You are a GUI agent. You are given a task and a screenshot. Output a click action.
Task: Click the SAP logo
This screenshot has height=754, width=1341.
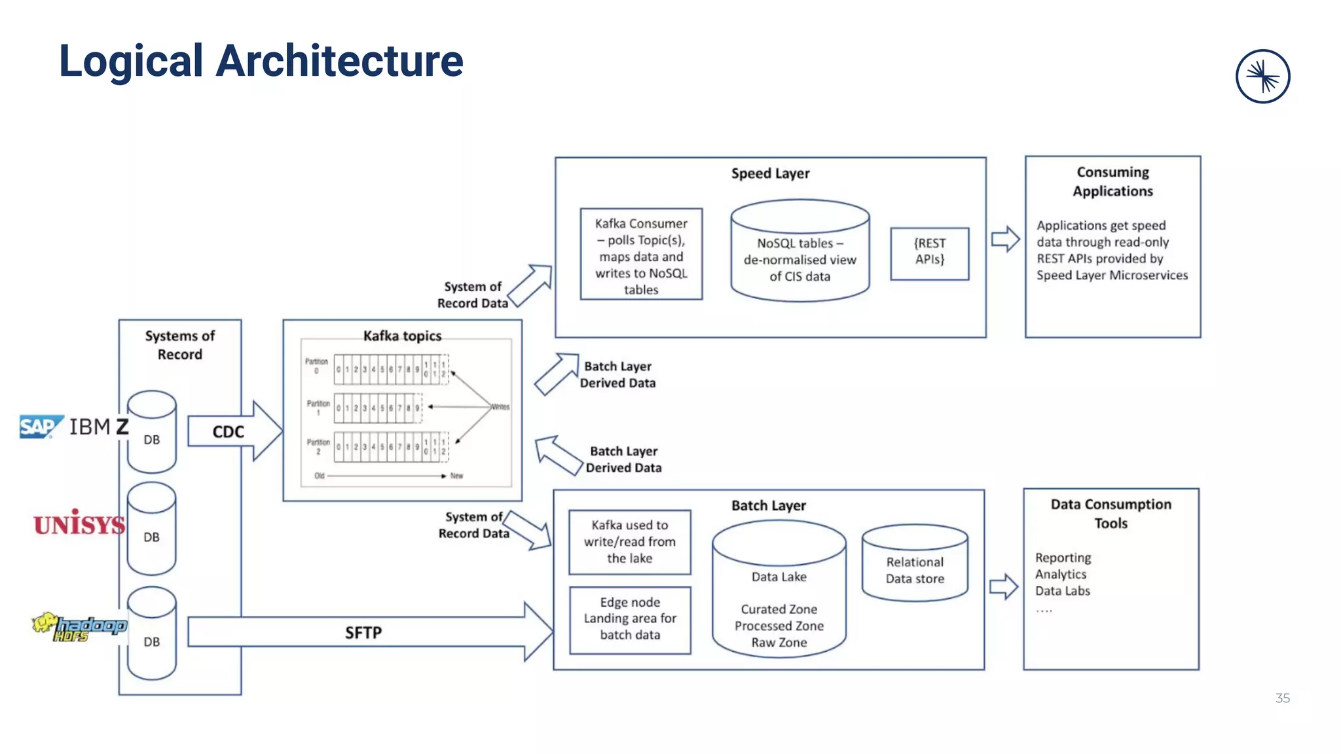pos(40,427)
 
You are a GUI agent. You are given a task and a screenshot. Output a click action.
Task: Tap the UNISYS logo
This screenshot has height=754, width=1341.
pos(79,524)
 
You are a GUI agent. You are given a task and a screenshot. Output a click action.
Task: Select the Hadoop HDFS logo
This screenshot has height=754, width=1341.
pos(80,627)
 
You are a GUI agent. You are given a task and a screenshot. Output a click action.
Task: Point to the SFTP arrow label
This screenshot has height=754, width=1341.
pos(363,632)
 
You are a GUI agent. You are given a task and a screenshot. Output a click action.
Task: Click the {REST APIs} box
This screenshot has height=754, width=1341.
pos(929,253)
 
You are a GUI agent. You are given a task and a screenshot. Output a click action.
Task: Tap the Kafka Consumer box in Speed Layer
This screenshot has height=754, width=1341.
pos(641,255)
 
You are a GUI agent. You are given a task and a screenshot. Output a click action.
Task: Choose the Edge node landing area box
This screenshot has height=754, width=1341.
pos(630,619)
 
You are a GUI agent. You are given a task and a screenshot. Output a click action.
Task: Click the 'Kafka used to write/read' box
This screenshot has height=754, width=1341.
pos(629,542)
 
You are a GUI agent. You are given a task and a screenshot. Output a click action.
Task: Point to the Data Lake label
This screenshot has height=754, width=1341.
pos(779,577)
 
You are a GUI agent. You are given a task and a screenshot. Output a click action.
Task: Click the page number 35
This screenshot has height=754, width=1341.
pos(1282,698)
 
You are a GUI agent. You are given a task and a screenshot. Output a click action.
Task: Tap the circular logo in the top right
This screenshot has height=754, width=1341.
pos(1262,76)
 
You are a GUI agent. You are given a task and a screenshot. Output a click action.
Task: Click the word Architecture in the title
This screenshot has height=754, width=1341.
pos(339,61)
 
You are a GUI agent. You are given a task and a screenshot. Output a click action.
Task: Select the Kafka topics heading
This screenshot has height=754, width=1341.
pos(402,336)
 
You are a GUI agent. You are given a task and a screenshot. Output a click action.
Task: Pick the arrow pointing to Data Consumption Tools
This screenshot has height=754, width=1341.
pos(1003,586)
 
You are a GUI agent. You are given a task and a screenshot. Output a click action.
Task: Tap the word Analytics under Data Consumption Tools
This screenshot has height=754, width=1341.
pos(1061,574)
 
